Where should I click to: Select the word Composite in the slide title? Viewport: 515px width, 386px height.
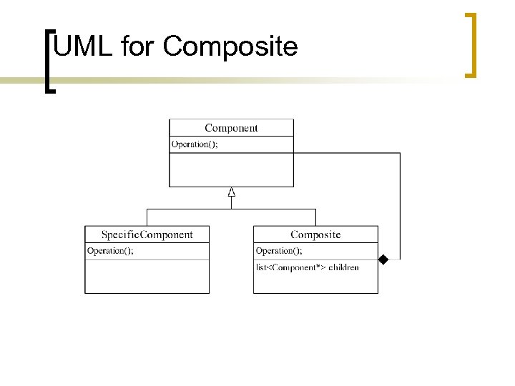point(230,48)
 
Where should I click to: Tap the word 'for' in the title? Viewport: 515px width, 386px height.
point(138,47)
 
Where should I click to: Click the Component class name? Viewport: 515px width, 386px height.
point(231,128)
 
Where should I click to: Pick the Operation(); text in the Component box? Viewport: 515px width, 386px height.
point(195,144)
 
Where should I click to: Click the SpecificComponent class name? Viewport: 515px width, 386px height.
point(147,234)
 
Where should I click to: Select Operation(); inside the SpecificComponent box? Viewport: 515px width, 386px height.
point(110,251)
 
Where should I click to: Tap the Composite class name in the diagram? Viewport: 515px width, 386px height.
point(315,234)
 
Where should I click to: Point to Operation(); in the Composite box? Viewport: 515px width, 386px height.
point(279,251)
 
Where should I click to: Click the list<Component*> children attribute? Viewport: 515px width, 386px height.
point(307,267)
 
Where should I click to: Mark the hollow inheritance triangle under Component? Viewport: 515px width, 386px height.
point(231,192)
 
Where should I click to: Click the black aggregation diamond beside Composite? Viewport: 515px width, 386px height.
point(383,259)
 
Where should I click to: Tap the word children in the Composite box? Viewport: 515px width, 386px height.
point(344,267)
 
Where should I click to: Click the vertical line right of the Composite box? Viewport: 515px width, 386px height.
point(400,207)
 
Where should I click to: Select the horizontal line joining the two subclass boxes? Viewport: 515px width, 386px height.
point(231,209)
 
